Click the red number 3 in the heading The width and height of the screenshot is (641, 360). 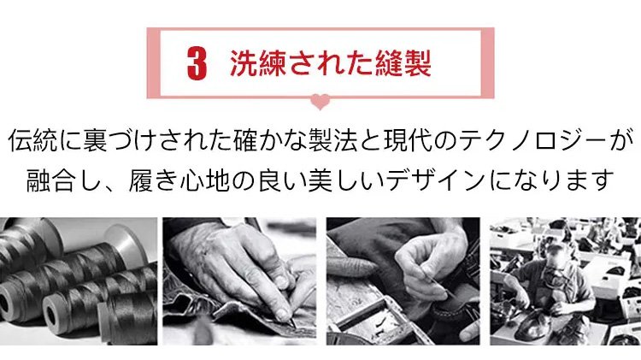tap(197, 63)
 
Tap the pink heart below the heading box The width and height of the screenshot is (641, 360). tap(320, 102)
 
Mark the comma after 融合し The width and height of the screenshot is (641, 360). tap(110, 188)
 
